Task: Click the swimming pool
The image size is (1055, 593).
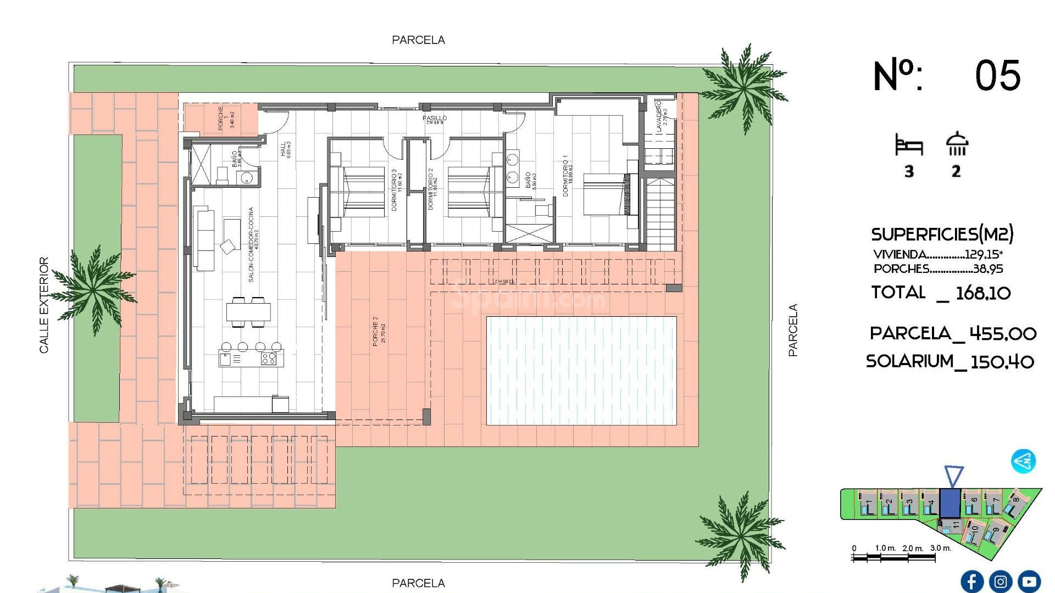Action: (581, 371)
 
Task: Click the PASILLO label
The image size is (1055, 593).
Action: (434, 119)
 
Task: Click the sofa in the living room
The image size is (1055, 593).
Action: (205, 238)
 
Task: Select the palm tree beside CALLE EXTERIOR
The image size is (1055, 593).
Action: (93, 288)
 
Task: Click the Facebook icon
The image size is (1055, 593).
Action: (971, 581)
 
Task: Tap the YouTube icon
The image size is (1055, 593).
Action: (1029, 581)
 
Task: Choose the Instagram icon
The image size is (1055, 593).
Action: (1000, 581)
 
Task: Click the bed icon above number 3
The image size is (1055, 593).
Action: (909, 145)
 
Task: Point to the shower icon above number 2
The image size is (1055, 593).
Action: (957, 144)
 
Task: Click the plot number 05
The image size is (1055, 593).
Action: (997, 76)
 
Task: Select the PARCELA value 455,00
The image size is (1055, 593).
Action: (1002, 333)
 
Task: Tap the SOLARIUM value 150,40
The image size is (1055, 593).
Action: (1002, 362)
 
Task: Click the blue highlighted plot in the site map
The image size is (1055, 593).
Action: (949, 503)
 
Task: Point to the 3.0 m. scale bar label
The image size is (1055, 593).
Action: (940, 548)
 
